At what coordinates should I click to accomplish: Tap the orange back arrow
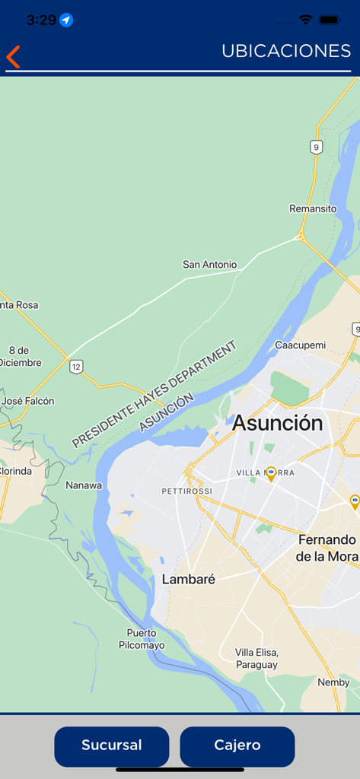13,56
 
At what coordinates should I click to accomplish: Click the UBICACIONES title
286,51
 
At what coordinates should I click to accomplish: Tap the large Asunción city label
277,423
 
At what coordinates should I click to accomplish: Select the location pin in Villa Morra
271,474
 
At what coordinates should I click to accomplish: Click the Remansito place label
313,208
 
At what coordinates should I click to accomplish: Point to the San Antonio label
209,265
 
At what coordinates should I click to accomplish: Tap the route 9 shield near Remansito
316,147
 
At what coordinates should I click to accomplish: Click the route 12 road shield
76,367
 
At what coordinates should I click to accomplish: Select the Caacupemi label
300,345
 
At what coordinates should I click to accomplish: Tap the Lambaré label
189,580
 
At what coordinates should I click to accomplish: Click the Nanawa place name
84,485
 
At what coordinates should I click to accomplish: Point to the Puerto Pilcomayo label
142,639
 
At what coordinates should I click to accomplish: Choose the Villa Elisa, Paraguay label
256,659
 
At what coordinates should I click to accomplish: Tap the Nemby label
333,682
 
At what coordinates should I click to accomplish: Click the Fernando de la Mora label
327,548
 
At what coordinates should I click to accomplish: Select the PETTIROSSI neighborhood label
187,491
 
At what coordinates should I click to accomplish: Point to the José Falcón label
28,401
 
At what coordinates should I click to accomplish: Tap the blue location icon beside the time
67,20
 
